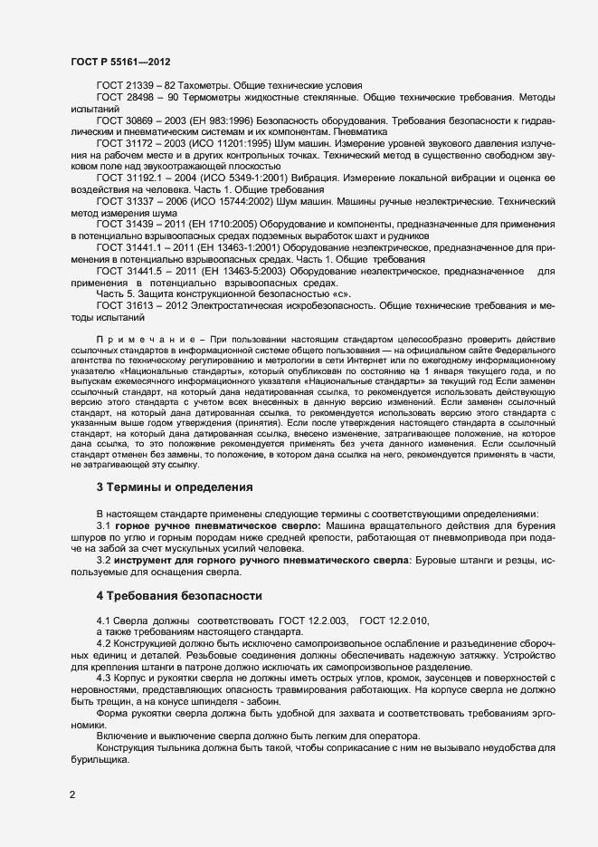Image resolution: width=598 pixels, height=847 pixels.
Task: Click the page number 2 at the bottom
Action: coord(73,795)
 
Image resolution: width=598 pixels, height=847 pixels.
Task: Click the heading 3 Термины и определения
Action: coord(175,487)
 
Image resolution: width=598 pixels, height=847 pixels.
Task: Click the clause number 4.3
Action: coord(104,678)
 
